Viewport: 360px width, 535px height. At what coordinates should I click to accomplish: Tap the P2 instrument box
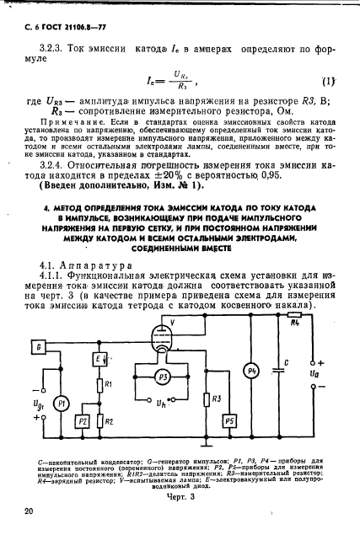click(x=82, y=420)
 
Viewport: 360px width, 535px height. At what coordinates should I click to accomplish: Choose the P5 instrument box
click(x=229, y=420)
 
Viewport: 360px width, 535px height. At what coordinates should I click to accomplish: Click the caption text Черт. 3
click(x=180, y=497)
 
